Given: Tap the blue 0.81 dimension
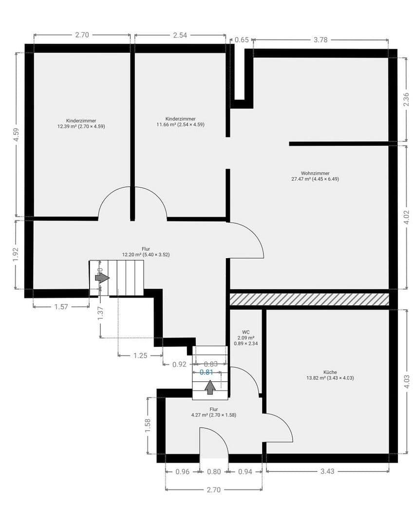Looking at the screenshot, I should tap(207, 372).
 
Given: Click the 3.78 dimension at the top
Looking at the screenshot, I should tap(320, 40).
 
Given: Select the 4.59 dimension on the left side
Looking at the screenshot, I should tap(16, 134).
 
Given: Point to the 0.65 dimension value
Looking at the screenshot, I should tap(242, 40).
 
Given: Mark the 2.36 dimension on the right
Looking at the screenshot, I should tap(406, 99).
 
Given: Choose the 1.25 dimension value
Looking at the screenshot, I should tap(140, 356).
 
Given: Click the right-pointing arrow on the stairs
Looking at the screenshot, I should tap(102, 278).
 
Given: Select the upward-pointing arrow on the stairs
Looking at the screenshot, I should tap(210, 387).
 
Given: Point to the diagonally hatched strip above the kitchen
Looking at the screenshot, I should tap(309, 299).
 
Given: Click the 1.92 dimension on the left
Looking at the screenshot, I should tap(16, 255).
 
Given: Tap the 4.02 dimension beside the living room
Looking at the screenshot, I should tap(406, 217).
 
